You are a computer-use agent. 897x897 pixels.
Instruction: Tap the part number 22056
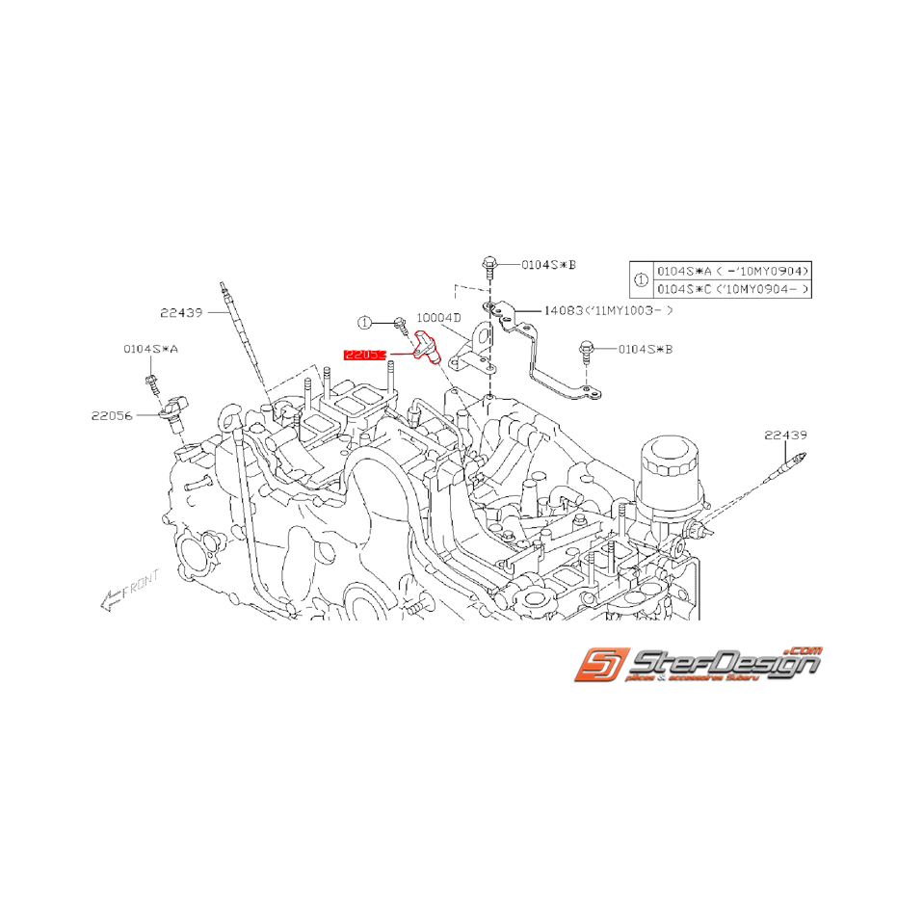[x=113, y=415]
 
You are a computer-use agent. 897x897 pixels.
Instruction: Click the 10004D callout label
[x=439, y=317]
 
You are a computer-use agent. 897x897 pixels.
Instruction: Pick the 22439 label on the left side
[x=181, y=311]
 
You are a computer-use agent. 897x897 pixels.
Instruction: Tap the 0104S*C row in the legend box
[x=731, y=288]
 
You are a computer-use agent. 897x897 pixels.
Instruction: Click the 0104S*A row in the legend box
[x=731, y=271]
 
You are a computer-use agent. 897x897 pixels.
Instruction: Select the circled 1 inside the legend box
[x=641, y=279]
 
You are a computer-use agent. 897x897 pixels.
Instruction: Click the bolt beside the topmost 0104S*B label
[x=488, y=263]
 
